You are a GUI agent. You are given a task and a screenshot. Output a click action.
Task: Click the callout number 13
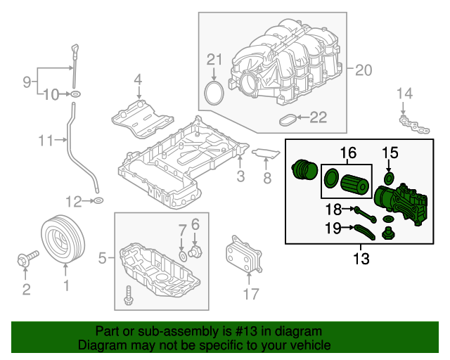point(361,258)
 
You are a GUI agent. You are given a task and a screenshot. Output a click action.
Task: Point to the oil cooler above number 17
point(243,256)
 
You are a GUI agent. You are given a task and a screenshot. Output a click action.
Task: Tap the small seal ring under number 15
point(390,174)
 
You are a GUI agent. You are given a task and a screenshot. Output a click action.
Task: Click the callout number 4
point(138,79)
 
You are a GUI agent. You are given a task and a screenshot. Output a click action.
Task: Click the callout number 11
point(46,141)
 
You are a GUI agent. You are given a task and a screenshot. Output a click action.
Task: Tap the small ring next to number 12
point(98,202)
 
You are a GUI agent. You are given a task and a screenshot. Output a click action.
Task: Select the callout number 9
point(27,82)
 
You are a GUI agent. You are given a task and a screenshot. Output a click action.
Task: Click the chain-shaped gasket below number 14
point(415,126)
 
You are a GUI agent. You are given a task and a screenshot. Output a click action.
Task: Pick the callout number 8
point(266,179)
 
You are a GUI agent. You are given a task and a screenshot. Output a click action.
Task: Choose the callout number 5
point(102,259)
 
